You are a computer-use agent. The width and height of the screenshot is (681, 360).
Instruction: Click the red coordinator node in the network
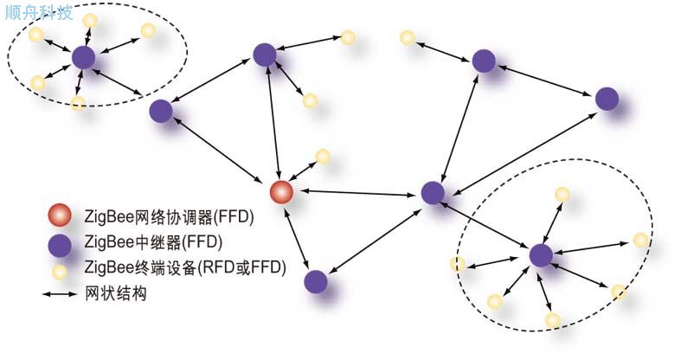click(280, 192)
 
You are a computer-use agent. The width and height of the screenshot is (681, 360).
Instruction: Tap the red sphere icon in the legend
click(60, 215)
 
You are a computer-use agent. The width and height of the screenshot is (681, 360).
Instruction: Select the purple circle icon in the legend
click(60, 241)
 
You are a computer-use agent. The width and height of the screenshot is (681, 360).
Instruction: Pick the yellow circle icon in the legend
click(60, 270)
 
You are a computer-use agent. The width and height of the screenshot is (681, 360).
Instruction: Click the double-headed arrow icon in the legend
click(60, 294)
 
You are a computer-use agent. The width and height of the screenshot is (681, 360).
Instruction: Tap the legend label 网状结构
click(115, 294)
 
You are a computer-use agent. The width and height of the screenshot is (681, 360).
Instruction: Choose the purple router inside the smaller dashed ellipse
click(83, 58)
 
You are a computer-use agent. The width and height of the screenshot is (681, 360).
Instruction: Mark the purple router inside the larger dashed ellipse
click(540, 255)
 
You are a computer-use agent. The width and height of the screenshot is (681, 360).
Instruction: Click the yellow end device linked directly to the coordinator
click(323, 156)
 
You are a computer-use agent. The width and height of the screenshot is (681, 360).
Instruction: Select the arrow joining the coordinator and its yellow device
click(304, 172)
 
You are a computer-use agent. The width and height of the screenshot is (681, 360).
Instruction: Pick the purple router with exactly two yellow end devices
click(266, 55)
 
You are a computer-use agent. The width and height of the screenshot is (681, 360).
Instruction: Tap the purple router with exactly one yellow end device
click(484, 61)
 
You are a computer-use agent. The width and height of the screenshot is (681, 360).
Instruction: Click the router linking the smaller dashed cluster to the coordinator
click(160, 111)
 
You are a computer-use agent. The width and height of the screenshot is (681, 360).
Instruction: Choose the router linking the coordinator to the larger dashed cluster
click(432, 192)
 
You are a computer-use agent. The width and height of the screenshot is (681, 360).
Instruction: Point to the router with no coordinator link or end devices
click(607, 99)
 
